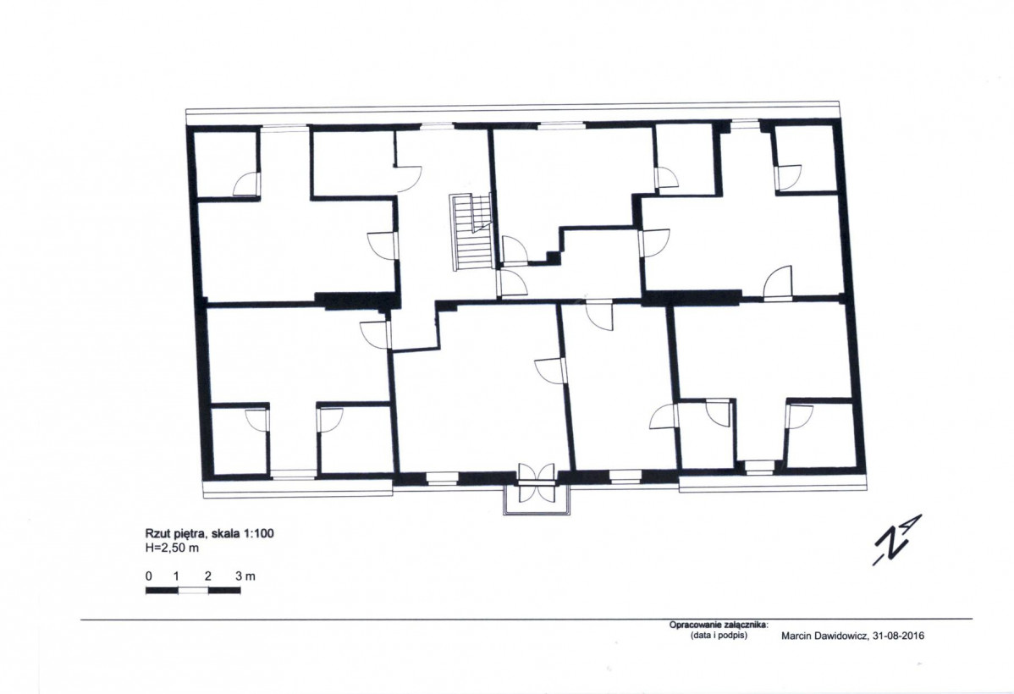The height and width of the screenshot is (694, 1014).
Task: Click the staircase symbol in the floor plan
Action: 471,233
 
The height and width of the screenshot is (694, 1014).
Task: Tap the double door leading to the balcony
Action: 536,482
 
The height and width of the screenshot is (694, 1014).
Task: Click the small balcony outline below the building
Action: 537,500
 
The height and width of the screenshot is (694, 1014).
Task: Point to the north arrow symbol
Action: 897,540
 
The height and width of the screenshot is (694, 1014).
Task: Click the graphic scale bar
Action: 193,590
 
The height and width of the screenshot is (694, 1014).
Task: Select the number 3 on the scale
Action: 238,576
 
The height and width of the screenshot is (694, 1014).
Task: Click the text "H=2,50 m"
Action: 172,548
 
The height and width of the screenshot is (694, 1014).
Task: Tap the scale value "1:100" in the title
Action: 259,533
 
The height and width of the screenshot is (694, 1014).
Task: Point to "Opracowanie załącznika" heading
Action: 718,625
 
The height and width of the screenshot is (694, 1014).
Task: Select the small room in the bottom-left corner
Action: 240,441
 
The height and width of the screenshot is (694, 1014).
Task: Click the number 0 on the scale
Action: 149,576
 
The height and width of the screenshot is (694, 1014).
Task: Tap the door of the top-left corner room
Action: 246,184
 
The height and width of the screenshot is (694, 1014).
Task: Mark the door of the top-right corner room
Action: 789,178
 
